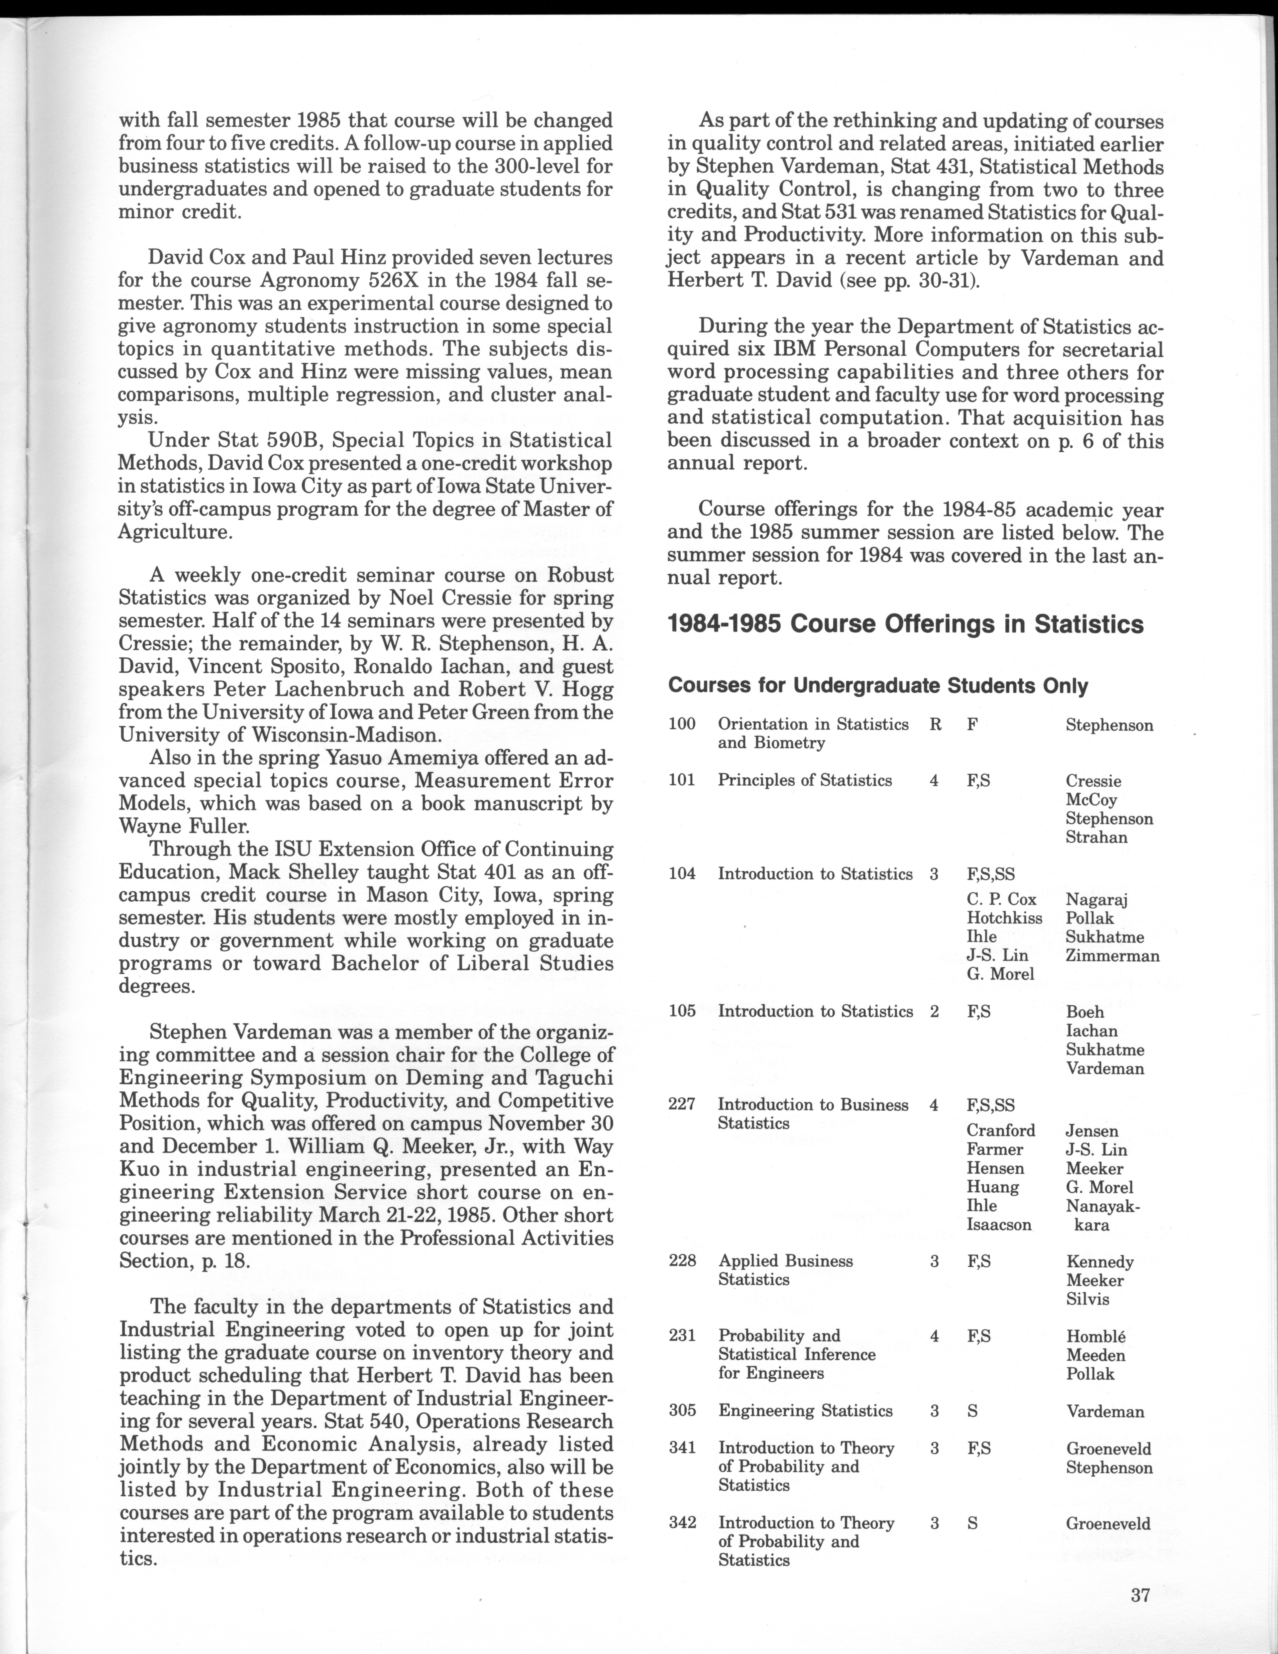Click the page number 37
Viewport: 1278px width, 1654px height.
[x=1140, y=1595]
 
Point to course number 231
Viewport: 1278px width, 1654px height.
[x=682, y=1335]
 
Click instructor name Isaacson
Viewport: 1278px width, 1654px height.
[x=999, y=1225]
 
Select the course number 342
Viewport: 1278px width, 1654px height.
[x=682, y=1522]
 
